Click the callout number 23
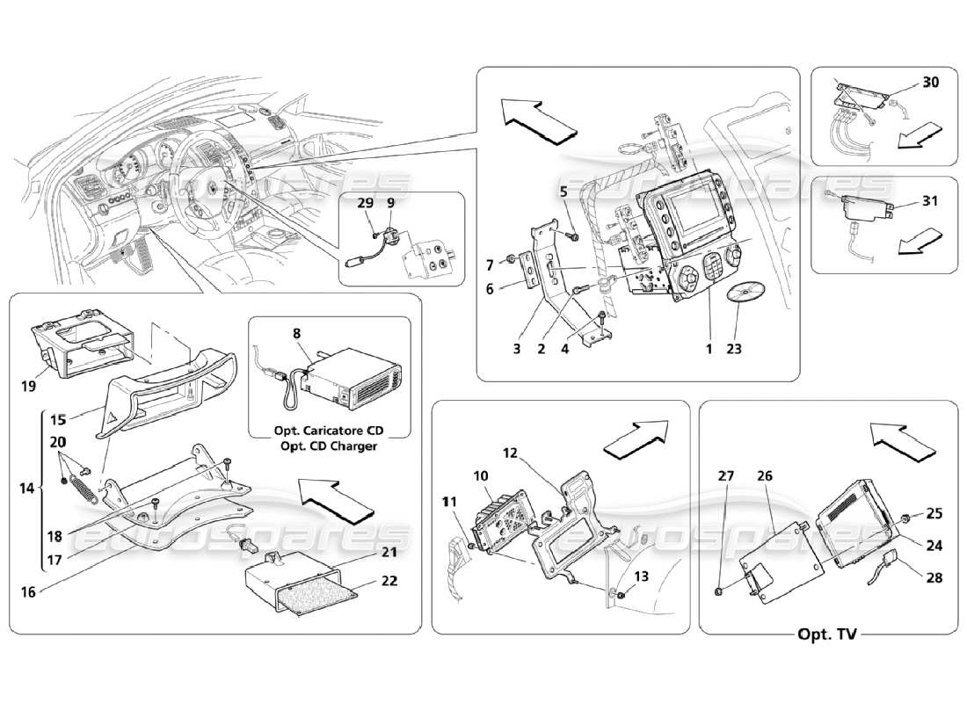click(x=734, y=349)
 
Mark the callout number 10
click(x=481, y=475)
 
